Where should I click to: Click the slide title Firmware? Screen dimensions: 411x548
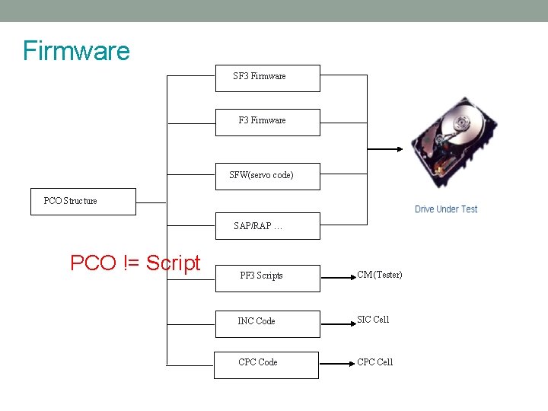76,51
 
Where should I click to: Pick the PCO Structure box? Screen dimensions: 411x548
83,202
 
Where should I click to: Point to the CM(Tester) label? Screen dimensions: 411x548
380,275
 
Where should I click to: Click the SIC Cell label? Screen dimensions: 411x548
373,320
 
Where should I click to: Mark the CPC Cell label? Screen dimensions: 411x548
375,362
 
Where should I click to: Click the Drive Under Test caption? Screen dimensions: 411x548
446,209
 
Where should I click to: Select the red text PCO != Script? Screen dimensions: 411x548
135,263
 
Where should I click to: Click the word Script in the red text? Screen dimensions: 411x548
173,263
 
